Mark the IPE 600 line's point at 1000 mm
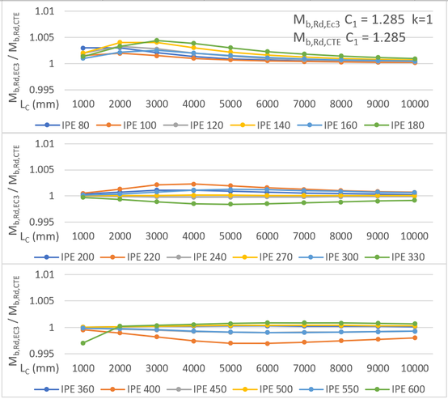[83, 343]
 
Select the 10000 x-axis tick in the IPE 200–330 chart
[414, 237]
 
